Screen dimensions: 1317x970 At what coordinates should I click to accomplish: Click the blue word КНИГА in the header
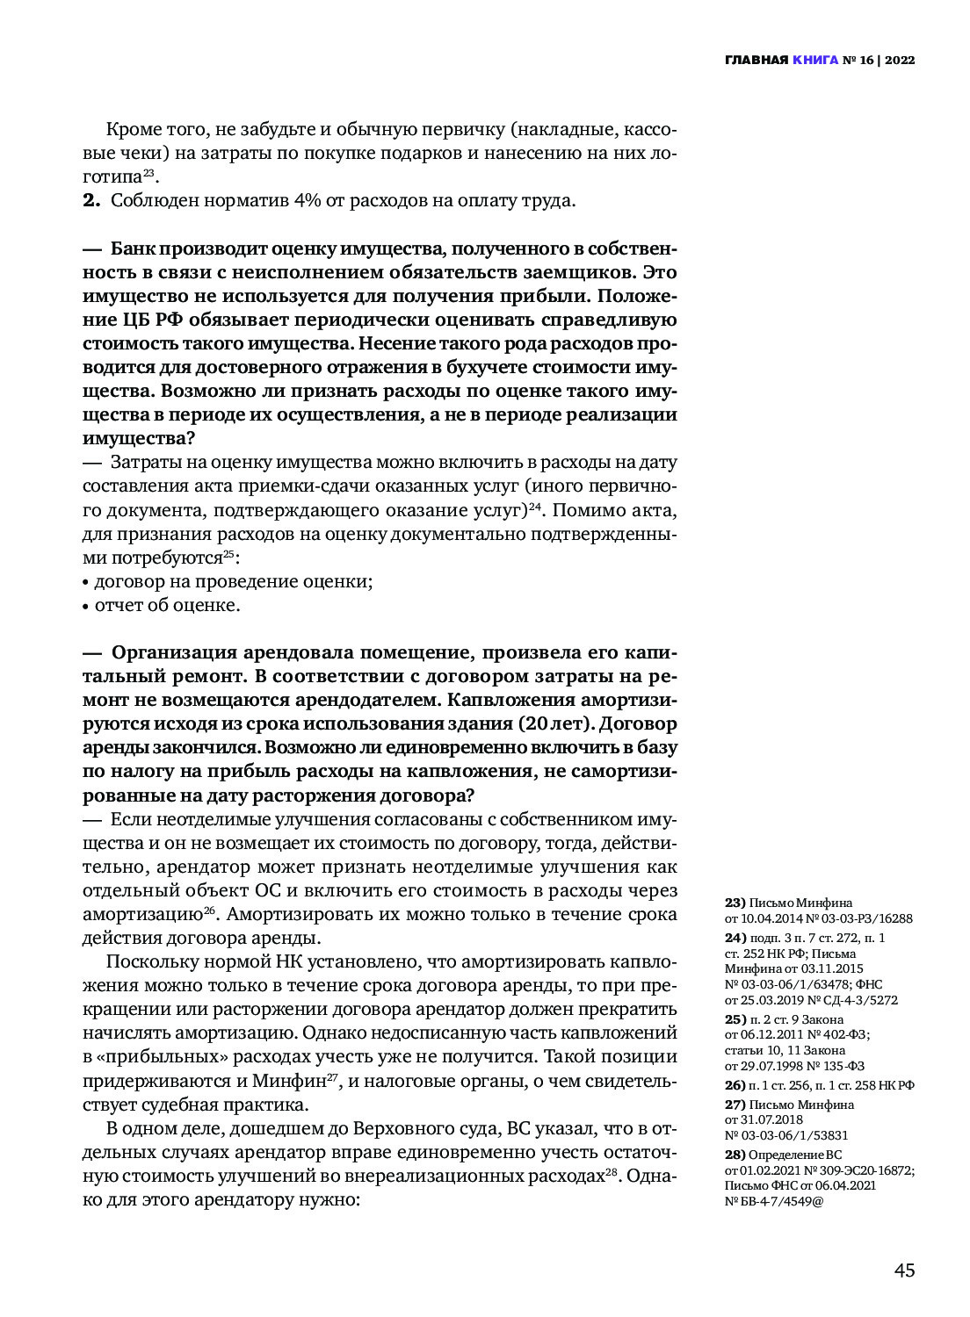(814, 61)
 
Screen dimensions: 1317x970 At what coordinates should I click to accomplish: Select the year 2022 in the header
(900, 61)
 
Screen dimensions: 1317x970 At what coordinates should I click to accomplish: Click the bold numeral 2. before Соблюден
(92, 200)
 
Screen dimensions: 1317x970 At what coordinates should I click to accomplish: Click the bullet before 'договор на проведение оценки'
(86, 583)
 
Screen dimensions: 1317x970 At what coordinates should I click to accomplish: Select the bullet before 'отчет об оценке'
(86, 607)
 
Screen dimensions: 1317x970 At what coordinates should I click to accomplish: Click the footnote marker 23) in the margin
(735, 903)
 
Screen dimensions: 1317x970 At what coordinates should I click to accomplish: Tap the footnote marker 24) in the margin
(735, 938)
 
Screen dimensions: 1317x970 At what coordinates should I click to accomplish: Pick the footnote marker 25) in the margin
(735, 1019)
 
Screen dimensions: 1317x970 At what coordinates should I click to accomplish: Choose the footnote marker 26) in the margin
(735, 1085)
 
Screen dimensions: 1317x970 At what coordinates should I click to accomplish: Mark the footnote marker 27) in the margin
(735, 1105)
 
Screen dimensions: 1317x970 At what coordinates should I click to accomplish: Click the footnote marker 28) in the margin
(735, 1155)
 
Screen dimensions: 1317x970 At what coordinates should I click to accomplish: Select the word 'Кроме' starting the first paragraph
(134, 130)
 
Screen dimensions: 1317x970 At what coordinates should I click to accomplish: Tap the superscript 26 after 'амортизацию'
(210, 910)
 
